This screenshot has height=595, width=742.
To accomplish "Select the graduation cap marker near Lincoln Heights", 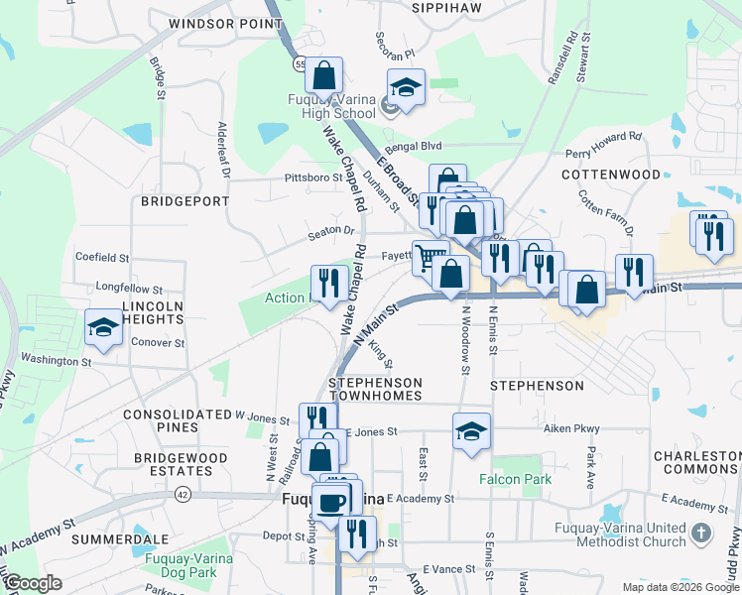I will click(x=103, y=328).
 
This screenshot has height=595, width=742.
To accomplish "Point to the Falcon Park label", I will click(x=515, y=478).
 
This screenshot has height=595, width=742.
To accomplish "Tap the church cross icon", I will click(x=702, y=534).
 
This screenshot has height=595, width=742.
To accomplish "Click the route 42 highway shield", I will click(x=183, y=493).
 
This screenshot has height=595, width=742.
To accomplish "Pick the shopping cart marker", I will click(x=430, y=257).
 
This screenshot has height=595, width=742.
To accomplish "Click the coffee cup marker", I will click(x=331, y=500).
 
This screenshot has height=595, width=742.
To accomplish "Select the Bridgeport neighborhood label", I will click(x=179, y=200).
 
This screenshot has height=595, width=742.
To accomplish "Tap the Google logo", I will click(x=34, y=583).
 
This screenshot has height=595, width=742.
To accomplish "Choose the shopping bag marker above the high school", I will click(x=323, y=74).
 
